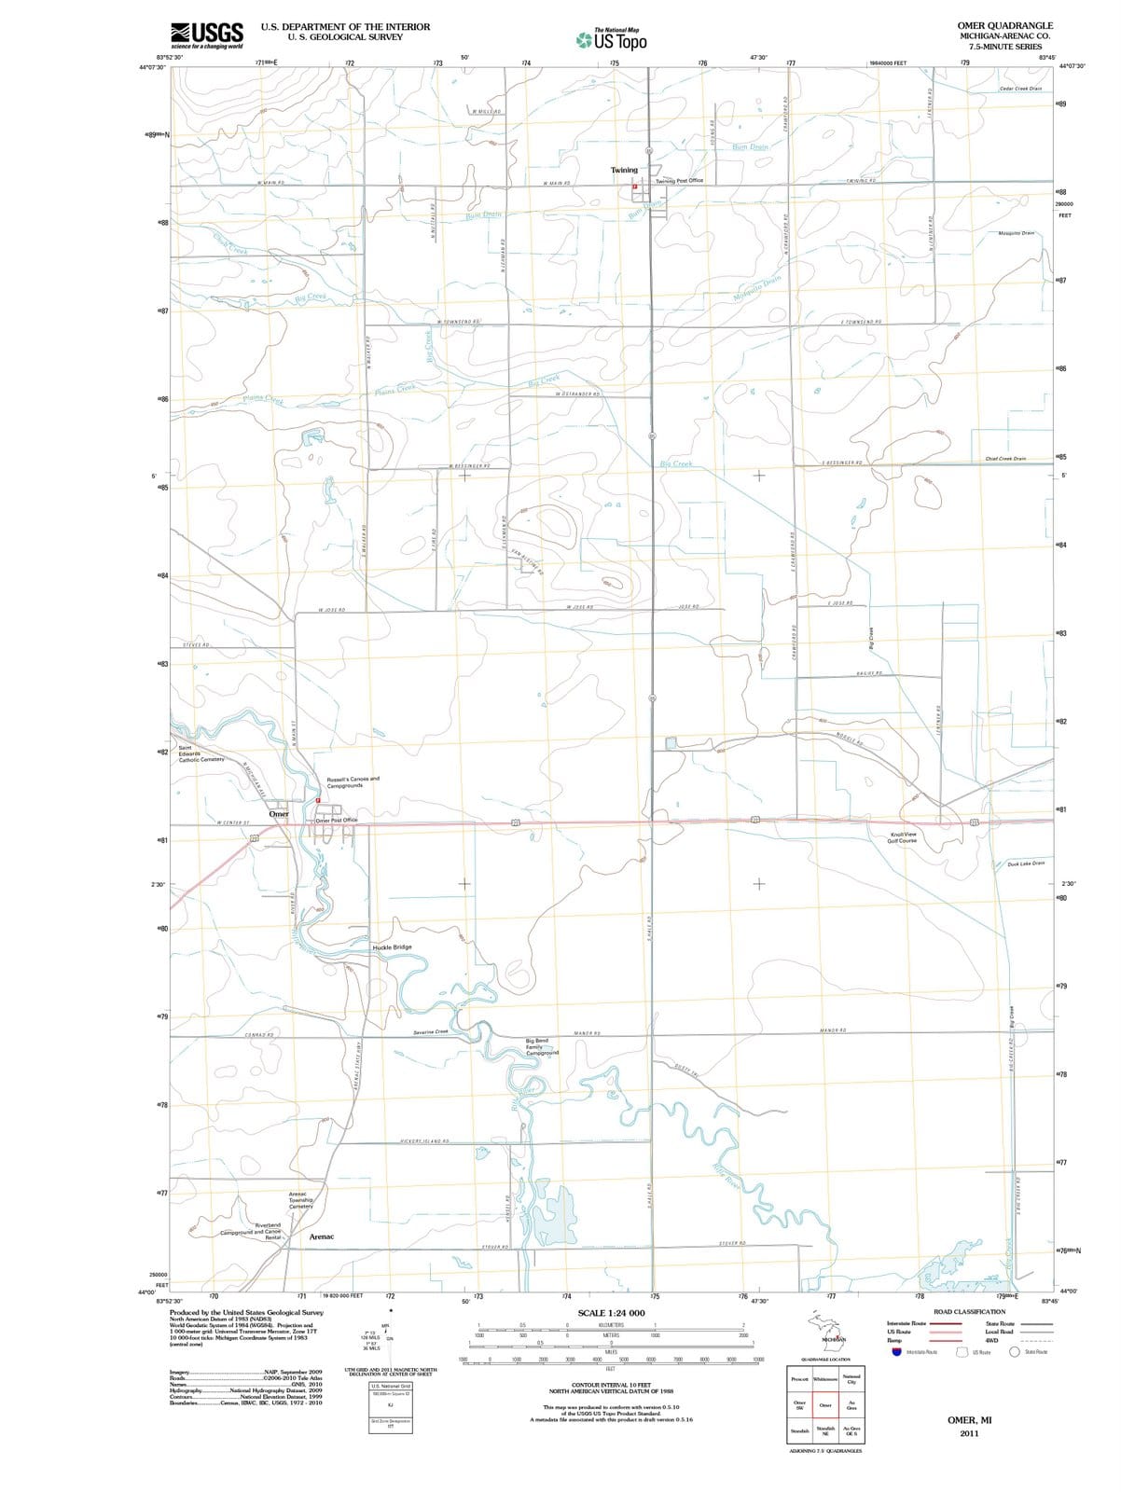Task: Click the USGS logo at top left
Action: [x=207, y=35]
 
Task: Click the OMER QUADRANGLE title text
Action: [x=1004, y=25]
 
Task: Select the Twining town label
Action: [x=624, y=170]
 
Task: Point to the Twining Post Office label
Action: [x=680, y=181]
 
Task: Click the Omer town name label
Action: [x=279, y=814]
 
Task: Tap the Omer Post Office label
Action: [x=337, y=820]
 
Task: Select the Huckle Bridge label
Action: [x=392, y=946]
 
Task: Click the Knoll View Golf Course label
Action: [x=904, y=837]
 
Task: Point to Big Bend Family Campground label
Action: [x=543, y=1046]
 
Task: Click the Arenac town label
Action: [x=322, y=1236]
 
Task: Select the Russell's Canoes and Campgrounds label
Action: [x=353, y=781]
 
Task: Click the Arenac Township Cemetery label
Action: [x=300, y=1199]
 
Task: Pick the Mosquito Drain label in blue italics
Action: [x=756, y=290]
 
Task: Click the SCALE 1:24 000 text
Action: [x=611, y=1313]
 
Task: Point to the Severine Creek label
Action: [x=431, y=1032]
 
